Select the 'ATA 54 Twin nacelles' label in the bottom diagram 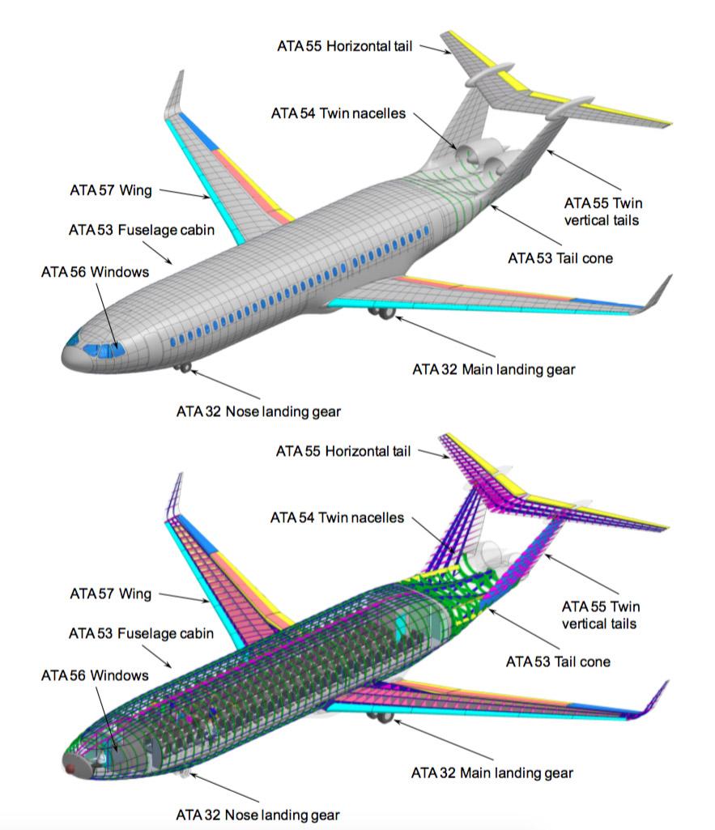[x=337, y=517]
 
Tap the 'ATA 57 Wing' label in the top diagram [x=110, y=191]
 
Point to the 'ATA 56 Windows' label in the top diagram [x=95, y=271]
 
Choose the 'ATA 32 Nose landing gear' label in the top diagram [x=258, y=411]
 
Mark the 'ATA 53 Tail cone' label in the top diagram [x=560, y=258]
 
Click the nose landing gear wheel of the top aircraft [x=186, y=368]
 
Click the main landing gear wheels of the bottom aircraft [x=379, y=717]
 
